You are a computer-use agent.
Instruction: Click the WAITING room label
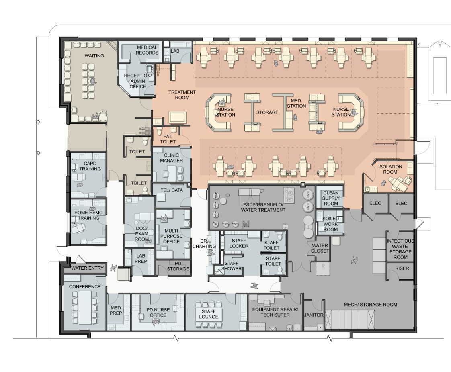click(x=94, y=56)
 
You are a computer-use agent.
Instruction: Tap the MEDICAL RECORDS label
click(x=147, y=50)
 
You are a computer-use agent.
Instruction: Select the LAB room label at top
click(x=175, y=51)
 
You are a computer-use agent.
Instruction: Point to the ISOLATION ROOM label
click(x=390, y=169)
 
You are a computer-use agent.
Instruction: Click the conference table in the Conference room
click(x=85, y=307)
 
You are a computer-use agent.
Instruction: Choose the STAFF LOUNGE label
click(x=209, y=314)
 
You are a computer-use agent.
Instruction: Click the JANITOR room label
click(x=314, y=315)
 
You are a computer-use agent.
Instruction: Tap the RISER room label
click(x=402, y=268)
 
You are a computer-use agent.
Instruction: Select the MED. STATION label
click(x=296, y=103)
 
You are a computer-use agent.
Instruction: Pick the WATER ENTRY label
click(x=87, y=268)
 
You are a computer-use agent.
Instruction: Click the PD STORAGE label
click(x=178, y=266)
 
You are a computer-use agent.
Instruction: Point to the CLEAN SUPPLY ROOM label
click(x=331, y=198)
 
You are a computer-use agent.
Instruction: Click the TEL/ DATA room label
click(x=171, y=190)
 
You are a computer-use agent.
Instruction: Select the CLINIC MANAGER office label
click(x=171, y=158)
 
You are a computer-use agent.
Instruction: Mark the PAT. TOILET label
click(x=168, y=139)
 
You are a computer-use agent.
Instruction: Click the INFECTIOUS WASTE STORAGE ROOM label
click(x=400, y=249)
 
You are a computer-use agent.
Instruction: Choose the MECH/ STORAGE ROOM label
click(x=371, y=305)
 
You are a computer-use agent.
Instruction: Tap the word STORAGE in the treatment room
click(x=267, y=112)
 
